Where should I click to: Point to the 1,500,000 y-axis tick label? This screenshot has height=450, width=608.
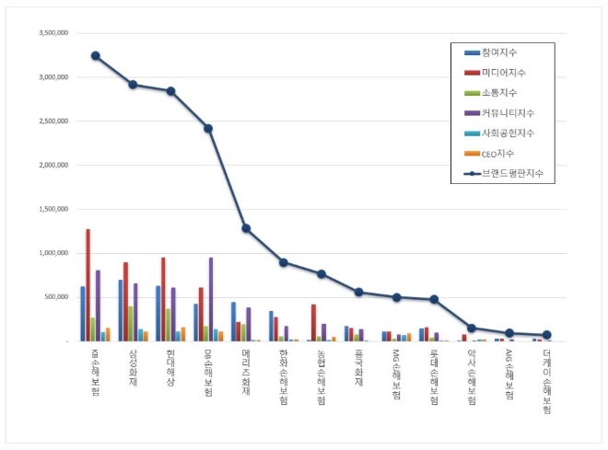tap(51, 209)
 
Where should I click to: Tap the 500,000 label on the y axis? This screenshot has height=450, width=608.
tap(54, 297)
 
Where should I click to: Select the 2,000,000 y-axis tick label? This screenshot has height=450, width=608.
tap(51, 165)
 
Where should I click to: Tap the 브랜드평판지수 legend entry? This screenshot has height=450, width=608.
tap(511, 173)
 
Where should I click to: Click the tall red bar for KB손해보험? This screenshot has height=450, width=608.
tap(88, 285)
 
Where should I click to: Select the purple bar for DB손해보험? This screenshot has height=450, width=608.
tap(210, 299)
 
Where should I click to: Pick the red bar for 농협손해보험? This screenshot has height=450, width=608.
tap(314, 322)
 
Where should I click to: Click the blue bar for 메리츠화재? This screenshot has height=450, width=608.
tap(233, 321)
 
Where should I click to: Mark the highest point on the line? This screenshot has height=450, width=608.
tap(96, 55)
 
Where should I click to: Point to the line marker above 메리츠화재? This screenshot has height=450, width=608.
tap(246, 228)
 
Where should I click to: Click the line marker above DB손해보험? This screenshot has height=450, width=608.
tap(208, 128)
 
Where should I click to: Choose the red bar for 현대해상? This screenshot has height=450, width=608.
tap(164, 299)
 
